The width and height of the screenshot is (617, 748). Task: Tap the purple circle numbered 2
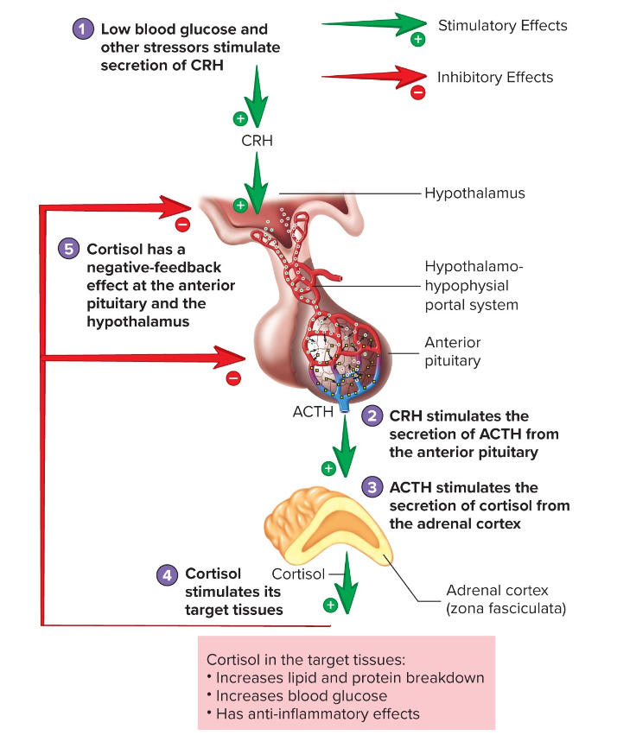point(372,415)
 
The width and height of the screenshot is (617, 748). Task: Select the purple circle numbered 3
point(372,487)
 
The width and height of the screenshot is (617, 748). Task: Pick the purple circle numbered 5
point(68,250)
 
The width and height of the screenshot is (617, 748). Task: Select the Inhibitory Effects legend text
point(494,77)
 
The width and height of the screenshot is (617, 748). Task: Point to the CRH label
point(257,140)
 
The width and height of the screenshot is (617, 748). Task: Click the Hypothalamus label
point(474,193)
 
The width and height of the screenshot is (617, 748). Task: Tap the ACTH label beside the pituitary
point(313,411)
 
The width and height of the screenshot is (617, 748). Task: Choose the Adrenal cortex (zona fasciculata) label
point(505,599)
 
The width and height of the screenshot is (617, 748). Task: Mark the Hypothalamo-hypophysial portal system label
point(471,285)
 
